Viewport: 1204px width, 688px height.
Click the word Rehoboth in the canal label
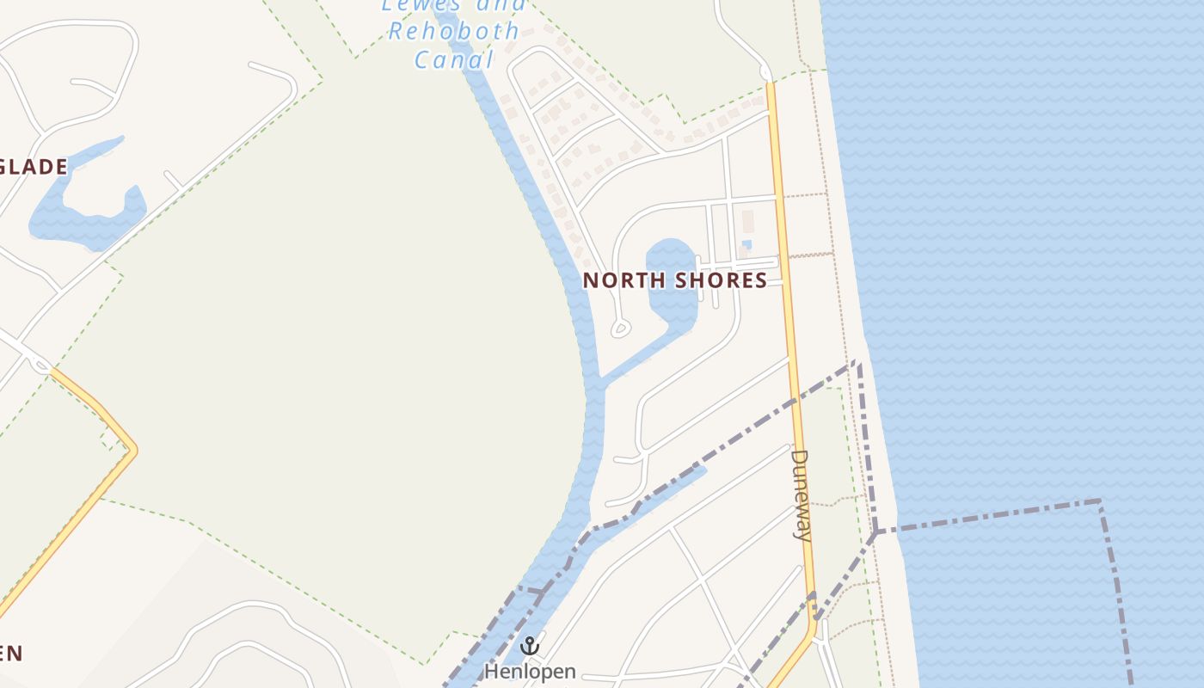(x=453, y=32)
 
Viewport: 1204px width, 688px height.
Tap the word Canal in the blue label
(x=455, y=60)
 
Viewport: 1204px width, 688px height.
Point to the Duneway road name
(x=801, y=494)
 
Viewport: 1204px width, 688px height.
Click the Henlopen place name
(x=530, y=671)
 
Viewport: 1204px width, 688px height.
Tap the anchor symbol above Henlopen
(x=530, y=645)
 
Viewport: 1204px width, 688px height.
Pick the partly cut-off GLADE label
(x=33, y=167)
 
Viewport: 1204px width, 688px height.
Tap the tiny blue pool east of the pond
(x=746, y=245)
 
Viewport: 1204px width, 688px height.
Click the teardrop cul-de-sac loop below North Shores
(x=620, y=328)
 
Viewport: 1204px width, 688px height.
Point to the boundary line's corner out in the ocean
(x=1100, y=501)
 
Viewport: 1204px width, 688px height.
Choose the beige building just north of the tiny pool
(x=746, y=221)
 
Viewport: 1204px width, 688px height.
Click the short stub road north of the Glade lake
(x=173, y=181)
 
